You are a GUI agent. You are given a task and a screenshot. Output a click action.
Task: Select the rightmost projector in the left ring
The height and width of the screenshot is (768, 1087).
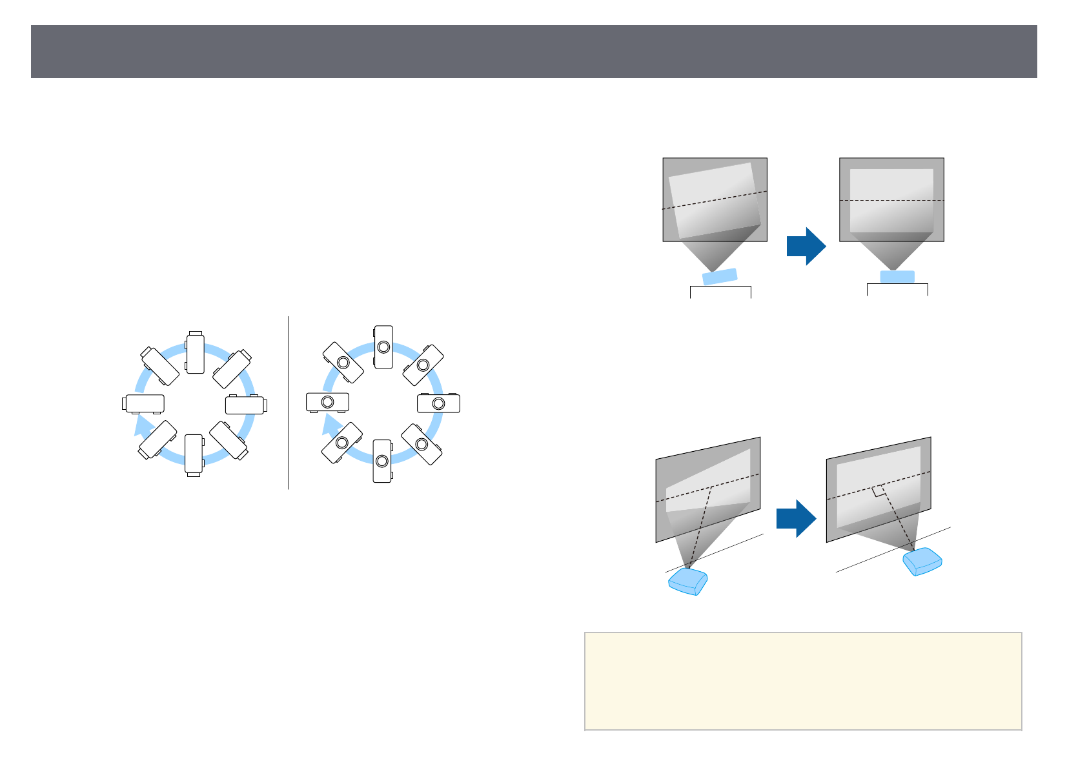pos(246,405)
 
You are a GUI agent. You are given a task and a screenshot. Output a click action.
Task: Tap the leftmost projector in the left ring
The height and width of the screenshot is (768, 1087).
pos(143,403)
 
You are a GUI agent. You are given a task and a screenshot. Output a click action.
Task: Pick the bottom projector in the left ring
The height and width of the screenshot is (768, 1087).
pos(194,454)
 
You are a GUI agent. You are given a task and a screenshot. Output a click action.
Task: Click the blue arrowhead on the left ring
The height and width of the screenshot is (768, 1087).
pos(143,427)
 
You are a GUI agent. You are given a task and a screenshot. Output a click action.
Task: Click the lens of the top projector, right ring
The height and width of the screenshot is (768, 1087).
pos(383,347)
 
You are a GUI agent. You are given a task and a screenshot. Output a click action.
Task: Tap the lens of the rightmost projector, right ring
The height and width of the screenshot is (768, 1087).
pos(439,404)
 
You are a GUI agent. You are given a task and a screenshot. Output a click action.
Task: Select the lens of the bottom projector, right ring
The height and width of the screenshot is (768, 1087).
pos(382,461)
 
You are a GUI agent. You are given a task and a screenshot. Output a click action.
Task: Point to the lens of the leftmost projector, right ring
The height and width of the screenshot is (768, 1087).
pos(327,402)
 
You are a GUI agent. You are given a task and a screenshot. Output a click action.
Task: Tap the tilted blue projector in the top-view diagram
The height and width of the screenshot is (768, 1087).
pos(720,276)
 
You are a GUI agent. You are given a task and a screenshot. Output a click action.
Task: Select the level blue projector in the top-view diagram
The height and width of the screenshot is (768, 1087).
pos(897,276)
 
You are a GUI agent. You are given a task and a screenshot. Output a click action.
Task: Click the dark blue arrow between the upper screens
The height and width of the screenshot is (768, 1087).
pos(806,246)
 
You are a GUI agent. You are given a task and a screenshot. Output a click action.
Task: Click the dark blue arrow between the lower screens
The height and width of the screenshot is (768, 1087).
pos(796,518)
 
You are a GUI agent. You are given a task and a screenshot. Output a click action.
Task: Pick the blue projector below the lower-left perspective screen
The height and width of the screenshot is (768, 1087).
pos(688,581)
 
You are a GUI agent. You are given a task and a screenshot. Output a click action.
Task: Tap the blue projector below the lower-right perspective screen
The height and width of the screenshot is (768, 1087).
pos(922,561)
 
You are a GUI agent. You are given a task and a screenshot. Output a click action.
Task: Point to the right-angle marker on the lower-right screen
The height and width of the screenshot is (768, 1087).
pos(879,491)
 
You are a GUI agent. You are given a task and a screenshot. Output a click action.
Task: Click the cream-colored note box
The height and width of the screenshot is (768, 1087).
pos(803,681)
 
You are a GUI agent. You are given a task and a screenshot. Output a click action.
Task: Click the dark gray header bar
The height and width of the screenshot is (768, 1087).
pos(534,52)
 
